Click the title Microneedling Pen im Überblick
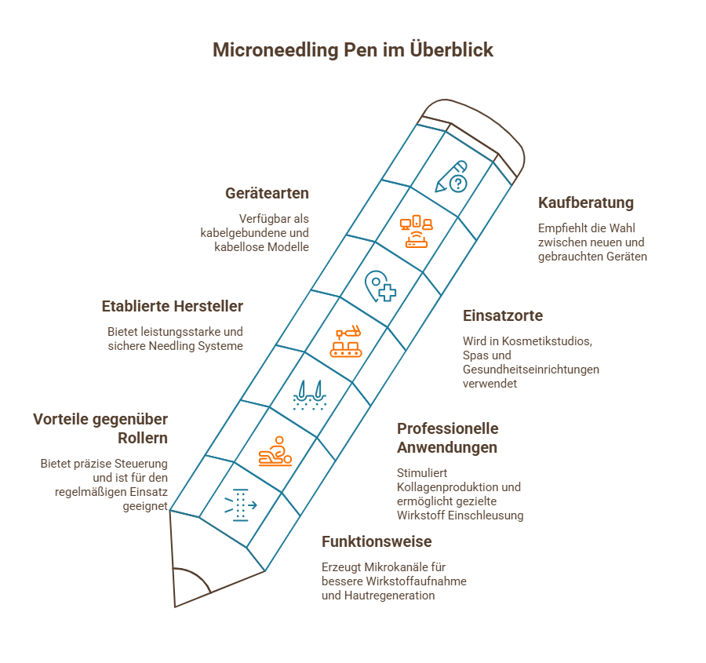(x=353, y=50)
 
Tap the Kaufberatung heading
(x=586, y=202)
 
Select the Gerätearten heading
(x=267, y=193)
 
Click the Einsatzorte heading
(x=503, y=315)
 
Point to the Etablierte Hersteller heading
(x=173, y=306)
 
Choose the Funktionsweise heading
(x=377, y=541)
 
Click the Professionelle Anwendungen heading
(x=448, y=438)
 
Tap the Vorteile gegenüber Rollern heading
(x=100, y=428)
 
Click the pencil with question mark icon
(x=453, y=177)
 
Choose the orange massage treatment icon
(x=275, y=451)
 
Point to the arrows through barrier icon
(x=240, y=503)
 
